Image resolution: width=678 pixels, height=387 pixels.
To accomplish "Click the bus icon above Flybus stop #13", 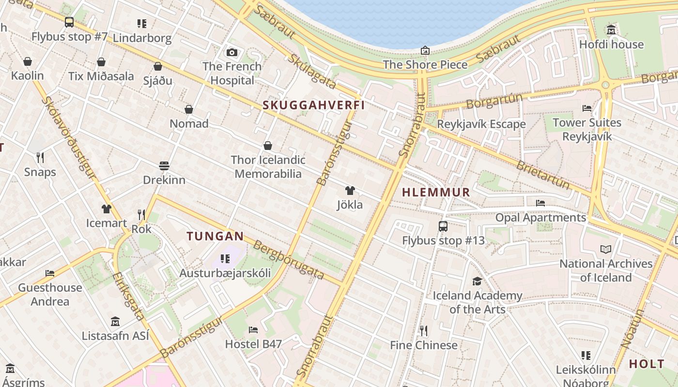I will [443, 226].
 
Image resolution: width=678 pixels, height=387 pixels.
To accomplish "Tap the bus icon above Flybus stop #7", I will [69, 22].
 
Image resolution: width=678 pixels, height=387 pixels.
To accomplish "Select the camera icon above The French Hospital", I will [232, 52].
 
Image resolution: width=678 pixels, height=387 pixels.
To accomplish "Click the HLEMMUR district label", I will [436, 192].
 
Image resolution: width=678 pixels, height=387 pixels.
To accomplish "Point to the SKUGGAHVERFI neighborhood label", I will [313, 105].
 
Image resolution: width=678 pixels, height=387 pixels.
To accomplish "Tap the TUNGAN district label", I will [215, 236].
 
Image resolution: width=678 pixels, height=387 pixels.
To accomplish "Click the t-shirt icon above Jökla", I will [350, 191].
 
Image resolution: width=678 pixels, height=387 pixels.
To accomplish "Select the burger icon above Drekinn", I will [164, 166].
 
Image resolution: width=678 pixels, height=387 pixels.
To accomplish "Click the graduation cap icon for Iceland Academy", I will [477, 281].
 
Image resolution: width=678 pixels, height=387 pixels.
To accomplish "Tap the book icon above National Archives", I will [606, 249].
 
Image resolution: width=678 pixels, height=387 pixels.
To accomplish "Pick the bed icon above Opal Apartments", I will [540, 203].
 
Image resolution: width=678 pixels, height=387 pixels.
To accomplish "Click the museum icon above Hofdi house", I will [611, 30].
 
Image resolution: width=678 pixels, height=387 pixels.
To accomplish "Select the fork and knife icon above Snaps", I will [40, 157].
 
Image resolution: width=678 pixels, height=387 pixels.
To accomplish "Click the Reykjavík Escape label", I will [481, 124].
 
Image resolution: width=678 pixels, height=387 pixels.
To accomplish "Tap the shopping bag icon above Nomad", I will [189, 109].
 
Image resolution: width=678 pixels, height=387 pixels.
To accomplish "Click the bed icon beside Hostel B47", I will [253, 330].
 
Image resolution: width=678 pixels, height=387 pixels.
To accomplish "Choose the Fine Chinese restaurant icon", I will [424, 330].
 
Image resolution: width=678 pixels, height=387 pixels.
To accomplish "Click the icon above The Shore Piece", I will [425, 50].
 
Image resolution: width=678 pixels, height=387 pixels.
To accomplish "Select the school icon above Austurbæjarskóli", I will [225, 258].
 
